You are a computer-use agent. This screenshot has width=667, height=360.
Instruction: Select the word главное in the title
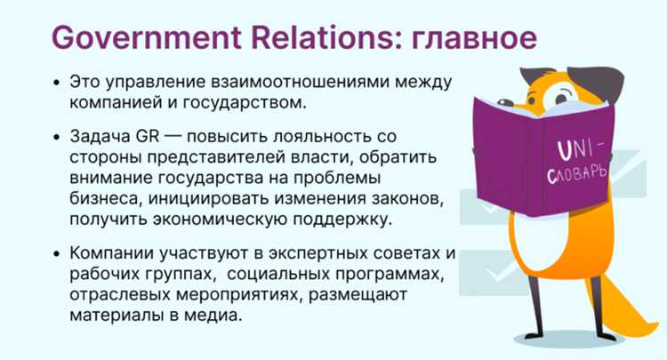(x=470, y=38)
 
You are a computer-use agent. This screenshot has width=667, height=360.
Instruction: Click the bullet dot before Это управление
(x=57, y=82)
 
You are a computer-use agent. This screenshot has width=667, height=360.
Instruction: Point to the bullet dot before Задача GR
(x=57, y=138)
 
